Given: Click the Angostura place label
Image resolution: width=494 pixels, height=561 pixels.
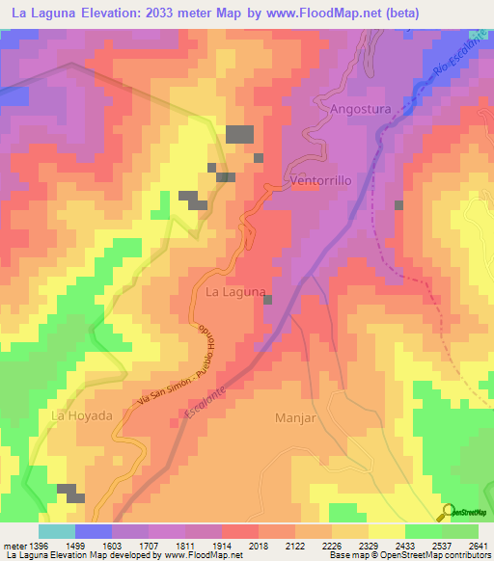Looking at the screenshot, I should (360, 109).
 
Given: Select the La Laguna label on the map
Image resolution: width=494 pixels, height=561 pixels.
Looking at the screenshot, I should (235, 290).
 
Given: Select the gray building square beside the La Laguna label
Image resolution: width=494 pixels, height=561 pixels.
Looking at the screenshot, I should (268, 300).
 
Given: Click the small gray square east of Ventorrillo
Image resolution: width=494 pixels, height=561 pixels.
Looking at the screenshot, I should (398, 204).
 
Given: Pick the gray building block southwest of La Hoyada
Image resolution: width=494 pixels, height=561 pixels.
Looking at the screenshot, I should (70, 491).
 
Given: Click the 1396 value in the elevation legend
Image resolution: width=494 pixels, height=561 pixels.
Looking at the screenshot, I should (39, 546).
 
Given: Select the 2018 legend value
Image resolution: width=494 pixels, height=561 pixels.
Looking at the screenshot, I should (259, 546).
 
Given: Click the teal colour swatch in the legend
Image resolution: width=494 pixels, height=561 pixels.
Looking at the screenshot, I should (56, 531).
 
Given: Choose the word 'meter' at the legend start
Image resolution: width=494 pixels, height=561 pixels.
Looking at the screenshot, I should (14, 546).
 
